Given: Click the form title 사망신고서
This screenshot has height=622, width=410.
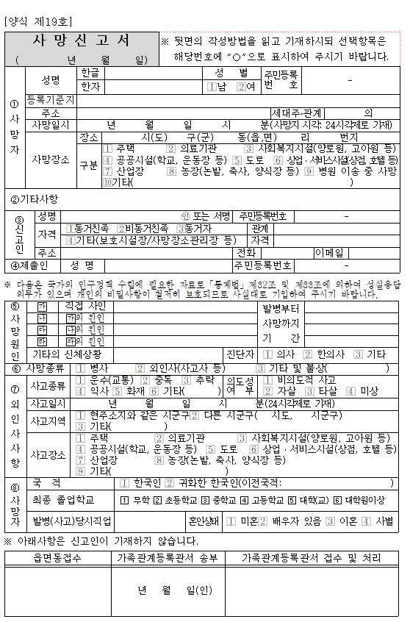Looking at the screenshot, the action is tap(82, 40).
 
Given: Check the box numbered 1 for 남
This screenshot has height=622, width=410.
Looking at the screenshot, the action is tap(212, 87).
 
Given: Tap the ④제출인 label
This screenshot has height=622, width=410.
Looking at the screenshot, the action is tap(29, 265).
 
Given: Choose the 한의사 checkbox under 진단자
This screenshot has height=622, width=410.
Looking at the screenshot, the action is tap(308, 354).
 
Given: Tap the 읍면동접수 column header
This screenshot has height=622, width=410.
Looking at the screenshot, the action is tap(57, 558).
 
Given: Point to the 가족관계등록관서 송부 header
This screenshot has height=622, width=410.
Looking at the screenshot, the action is tap(168, 558).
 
